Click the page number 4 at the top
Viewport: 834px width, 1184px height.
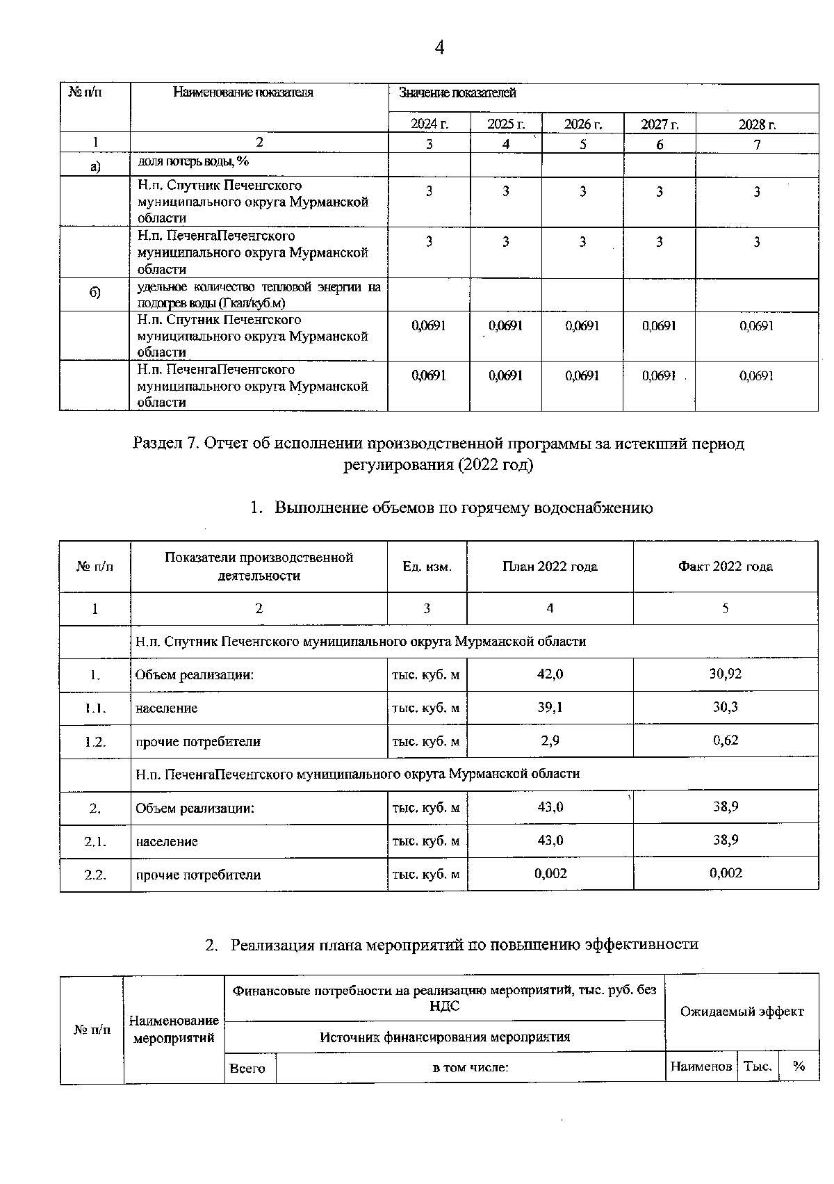[439, 47]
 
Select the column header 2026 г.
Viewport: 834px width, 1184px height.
[582, 124]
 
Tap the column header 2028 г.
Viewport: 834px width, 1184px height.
[757, 124]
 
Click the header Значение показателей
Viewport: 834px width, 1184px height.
[457, 93]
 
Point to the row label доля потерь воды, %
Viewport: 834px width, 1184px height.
[193, 161]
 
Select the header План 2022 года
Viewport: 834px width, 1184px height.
[550, 566]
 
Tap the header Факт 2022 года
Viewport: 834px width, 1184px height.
[725, 566]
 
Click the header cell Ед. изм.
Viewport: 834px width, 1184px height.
[427, 567]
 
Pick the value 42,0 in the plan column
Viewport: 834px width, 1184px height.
[550, 674]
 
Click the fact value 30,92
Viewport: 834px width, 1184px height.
[725, 674]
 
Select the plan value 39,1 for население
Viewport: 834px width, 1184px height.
[550, 707]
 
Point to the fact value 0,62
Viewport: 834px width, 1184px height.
[726, 740]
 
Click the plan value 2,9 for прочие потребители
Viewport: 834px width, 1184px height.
[550, 740]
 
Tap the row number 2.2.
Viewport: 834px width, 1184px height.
[95, 875]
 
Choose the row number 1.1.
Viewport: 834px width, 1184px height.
[95, 708]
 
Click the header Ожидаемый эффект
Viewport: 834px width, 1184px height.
[742, 1012]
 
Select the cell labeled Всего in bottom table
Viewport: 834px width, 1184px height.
[248, 1067]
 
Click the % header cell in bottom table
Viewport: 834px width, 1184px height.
[799, 1066]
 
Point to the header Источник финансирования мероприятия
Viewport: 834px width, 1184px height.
[445, 1037]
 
